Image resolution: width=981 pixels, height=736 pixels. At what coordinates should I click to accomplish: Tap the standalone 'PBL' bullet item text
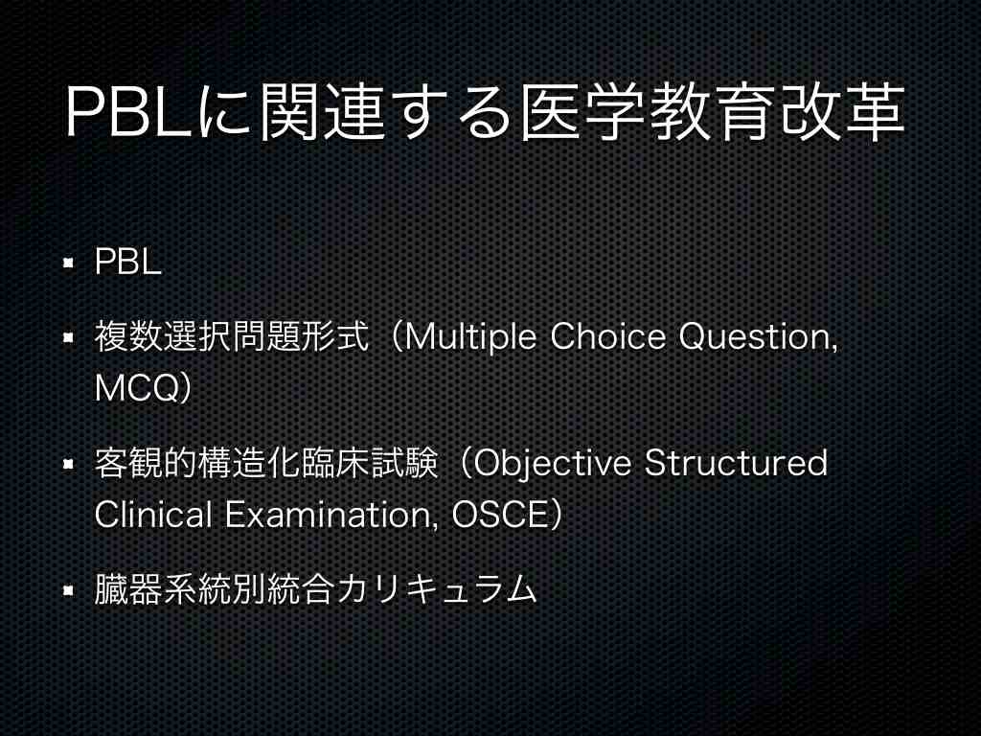[x=127, y=261]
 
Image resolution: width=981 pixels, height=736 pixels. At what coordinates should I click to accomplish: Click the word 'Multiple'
[x=470, y=337]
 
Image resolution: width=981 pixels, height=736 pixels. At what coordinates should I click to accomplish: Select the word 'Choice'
[x=607, y=336]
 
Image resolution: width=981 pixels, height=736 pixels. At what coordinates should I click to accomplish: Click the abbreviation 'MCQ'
[x=137, y=388]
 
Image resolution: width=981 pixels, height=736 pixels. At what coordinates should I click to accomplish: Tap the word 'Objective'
[x=552, y=464]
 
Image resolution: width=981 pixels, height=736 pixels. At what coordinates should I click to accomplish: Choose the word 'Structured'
[x=736, y=463]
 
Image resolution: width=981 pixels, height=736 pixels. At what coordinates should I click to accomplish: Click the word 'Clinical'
[x=153, y=515]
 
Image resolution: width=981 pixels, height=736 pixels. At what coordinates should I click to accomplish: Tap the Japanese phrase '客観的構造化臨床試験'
[x=266, y=463]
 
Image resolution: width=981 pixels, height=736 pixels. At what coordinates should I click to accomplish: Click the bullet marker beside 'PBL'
[x=69, y=262]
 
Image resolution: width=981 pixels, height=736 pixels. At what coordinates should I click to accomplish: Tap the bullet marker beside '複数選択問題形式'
[x=69, y=338]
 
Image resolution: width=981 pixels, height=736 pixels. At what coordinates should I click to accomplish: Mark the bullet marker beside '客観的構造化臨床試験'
[x=69, y=465]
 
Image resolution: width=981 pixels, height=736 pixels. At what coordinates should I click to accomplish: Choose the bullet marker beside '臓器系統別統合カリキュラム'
[x=69, y=590]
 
